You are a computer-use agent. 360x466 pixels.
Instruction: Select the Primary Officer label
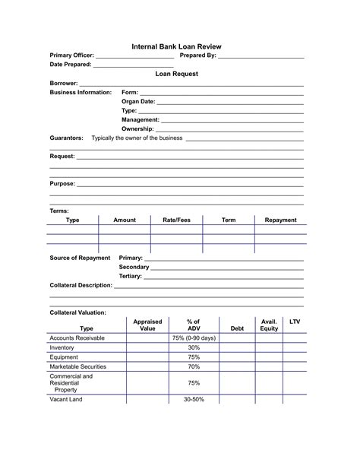72,55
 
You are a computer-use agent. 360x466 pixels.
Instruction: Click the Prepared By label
197,55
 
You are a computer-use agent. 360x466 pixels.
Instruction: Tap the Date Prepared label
70,65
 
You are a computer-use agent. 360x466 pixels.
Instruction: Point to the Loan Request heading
176,74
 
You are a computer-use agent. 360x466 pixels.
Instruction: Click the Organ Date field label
138,101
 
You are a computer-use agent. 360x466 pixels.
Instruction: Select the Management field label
141,119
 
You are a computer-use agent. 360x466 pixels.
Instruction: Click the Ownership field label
138,128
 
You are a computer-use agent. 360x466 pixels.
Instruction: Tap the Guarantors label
67,138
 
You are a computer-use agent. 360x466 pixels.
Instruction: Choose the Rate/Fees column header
176,220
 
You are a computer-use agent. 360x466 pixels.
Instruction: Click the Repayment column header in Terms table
280,220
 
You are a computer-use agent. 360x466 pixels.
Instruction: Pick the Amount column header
125,220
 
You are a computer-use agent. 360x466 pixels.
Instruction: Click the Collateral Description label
81,286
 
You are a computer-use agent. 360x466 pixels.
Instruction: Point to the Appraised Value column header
147,325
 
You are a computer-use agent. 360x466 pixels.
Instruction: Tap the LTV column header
295,322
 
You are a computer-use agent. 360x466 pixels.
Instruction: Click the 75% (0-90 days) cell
194,338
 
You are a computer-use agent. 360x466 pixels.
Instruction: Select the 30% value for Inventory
194,347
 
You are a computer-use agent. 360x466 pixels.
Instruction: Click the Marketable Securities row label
77,366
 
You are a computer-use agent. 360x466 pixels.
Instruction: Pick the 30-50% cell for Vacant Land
194,399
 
